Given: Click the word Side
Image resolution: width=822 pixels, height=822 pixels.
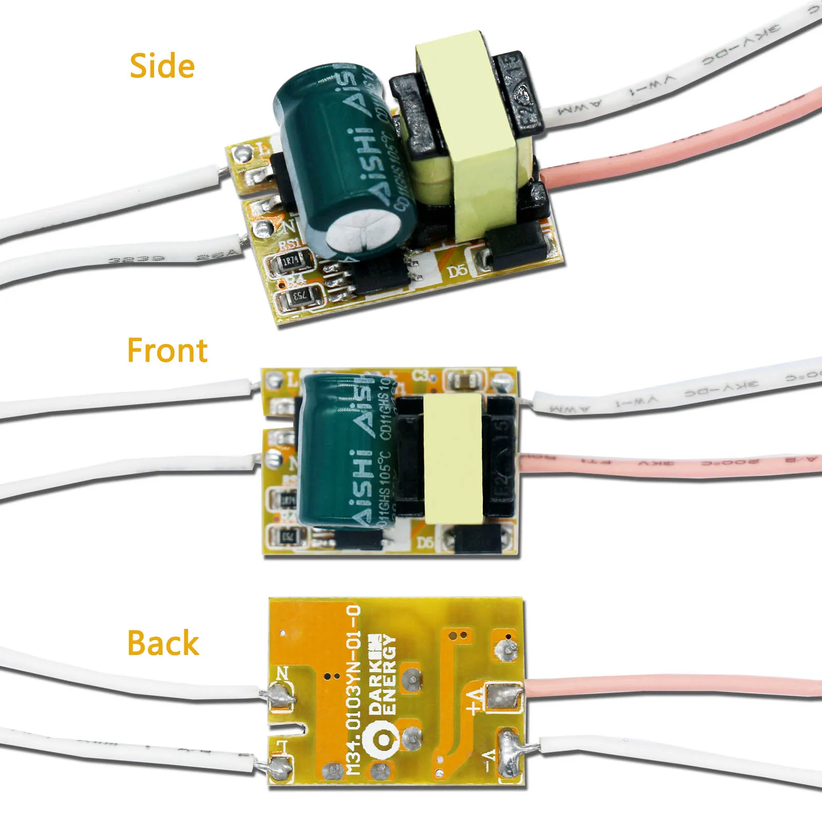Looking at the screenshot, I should (162, 66).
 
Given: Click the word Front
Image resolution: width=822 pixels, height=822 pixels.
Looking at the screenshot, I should (167, 350).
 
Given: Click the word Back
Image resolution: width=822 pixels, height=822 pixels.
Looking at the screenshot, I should (163, 643).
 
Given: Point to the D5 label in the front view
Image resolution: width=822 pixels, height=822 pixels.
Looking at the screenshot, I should (425, 542).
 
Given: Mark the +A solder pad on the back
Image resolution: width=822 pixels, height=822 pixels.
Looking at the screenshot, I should (501, 697).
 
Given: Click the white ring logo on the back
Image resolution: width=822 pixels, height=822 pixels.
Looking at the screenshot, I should (381, 740).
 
